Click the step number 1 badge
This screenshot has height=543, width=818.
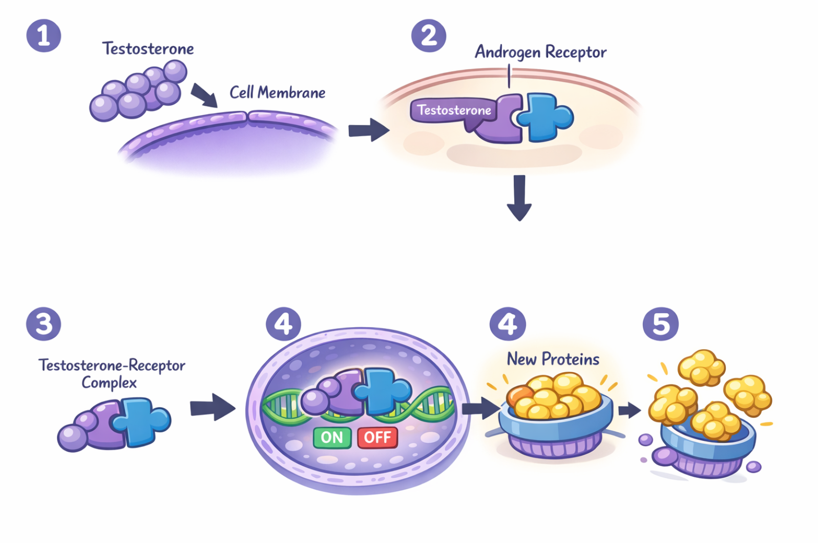44,36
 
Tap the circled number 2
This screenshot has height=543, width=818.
429,36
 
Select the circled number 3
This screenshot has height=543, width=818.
44,324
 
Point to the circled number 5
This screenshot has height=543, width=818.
661,324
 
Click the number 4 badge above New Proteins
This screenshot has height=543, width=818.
508,324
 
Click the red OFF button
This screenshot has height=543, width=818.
377,437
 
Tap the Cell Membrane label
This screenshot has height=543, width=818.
277,93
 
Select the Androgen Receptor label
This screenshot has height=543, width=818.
540,52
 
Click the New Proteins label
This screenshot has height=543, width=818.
553,359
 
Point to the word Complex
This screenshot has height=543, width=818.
109,383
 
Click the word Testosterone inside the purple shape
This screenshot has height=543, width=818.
454,110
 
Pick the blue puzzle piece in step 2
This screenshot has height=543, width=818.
545,117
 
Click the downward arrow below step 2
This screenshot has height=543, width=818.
519,198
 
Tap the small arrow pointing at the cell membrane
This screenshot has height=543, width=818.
203,95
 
